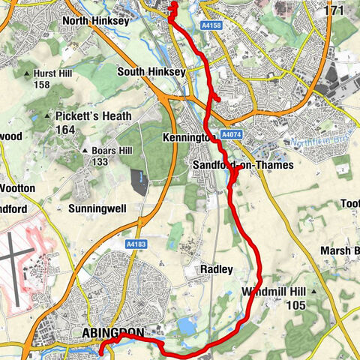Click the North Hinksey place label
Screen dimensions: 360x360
(x=96, y=22)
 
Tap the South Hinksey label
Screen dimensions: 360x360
(x=151, y=73)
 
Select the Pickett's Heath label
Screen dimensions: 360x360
(x=93, y=116)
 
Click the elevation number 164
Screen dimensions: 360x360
(x=66, y=130)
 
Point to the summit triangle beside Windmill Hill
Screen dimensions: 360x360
(x=315, y=291)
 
